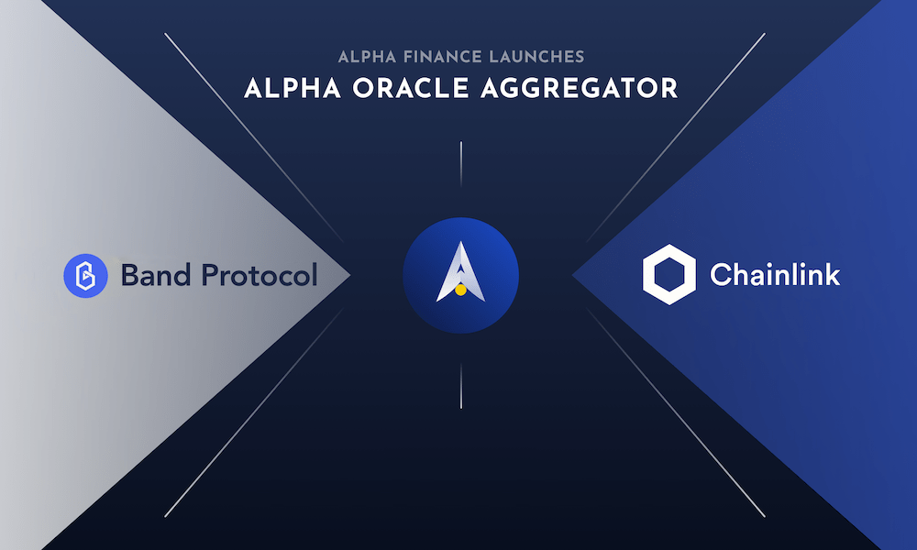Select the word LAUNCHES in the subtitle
tap(536, 57)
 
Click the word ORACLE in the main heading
tap(411, 88)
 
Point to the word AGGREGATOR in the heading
tap(579, 88)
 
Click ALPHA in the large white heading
tap(293, 88)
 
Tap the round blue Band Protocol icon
tap(85, 275)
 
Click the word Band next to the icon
tap(156, 275)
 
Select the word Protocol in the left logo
tap(260, 275)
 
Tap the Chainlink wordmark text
tap(775, 274)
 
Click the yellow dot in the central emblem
tap(461, 290)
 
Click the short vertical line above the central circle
tap(461, 164)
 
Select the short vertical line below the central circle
tap(461, 386)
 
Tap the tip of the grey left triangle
tap(349, 275)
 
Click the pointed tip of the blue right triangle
tap(573, 275)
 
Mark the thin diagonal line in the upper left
tap(254, 137)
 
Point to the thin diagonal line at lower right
tap(676, 413)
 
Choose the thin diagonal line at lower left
tap(254, 413)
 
